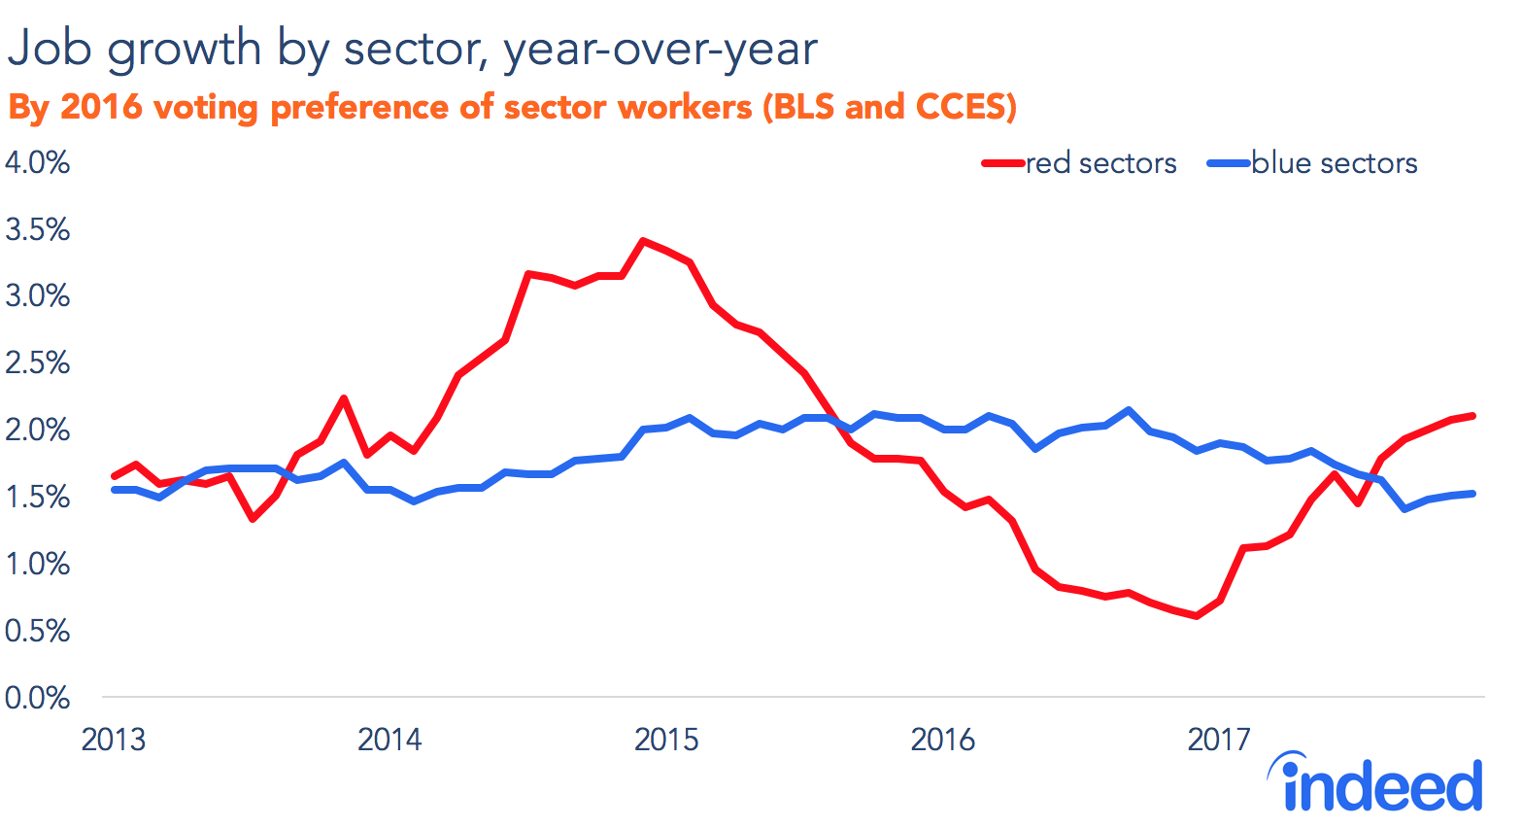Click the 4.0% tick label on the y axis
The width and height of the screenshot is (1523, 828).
37,162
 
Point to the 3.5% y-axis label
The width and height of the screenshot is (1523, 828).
37,229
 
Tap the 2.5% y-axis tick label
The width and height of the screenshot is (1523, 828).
37,363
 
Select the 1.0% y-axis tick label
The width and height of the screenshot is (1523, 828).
37,564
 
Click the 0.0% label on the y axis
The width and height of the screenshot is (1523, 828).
37,698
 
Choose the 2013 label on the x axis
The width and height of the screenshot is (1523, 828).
113,740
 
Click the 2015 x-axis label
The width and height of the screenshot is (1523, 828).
666,740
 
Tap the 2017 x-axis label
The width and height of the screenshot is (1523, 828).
1219,740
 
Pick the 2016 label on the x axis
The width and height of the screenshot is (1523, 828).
942,740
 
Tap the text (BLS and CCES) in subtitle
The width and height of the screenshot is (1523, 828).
889,106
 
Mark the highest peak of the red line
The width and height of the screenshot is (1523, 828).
643,240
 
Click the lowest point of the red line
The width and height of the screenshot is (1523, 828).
1197,616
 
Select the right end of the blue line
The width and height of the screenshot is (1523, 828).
1473,494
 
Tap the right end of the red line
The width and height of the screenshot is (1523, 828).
1473,416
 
